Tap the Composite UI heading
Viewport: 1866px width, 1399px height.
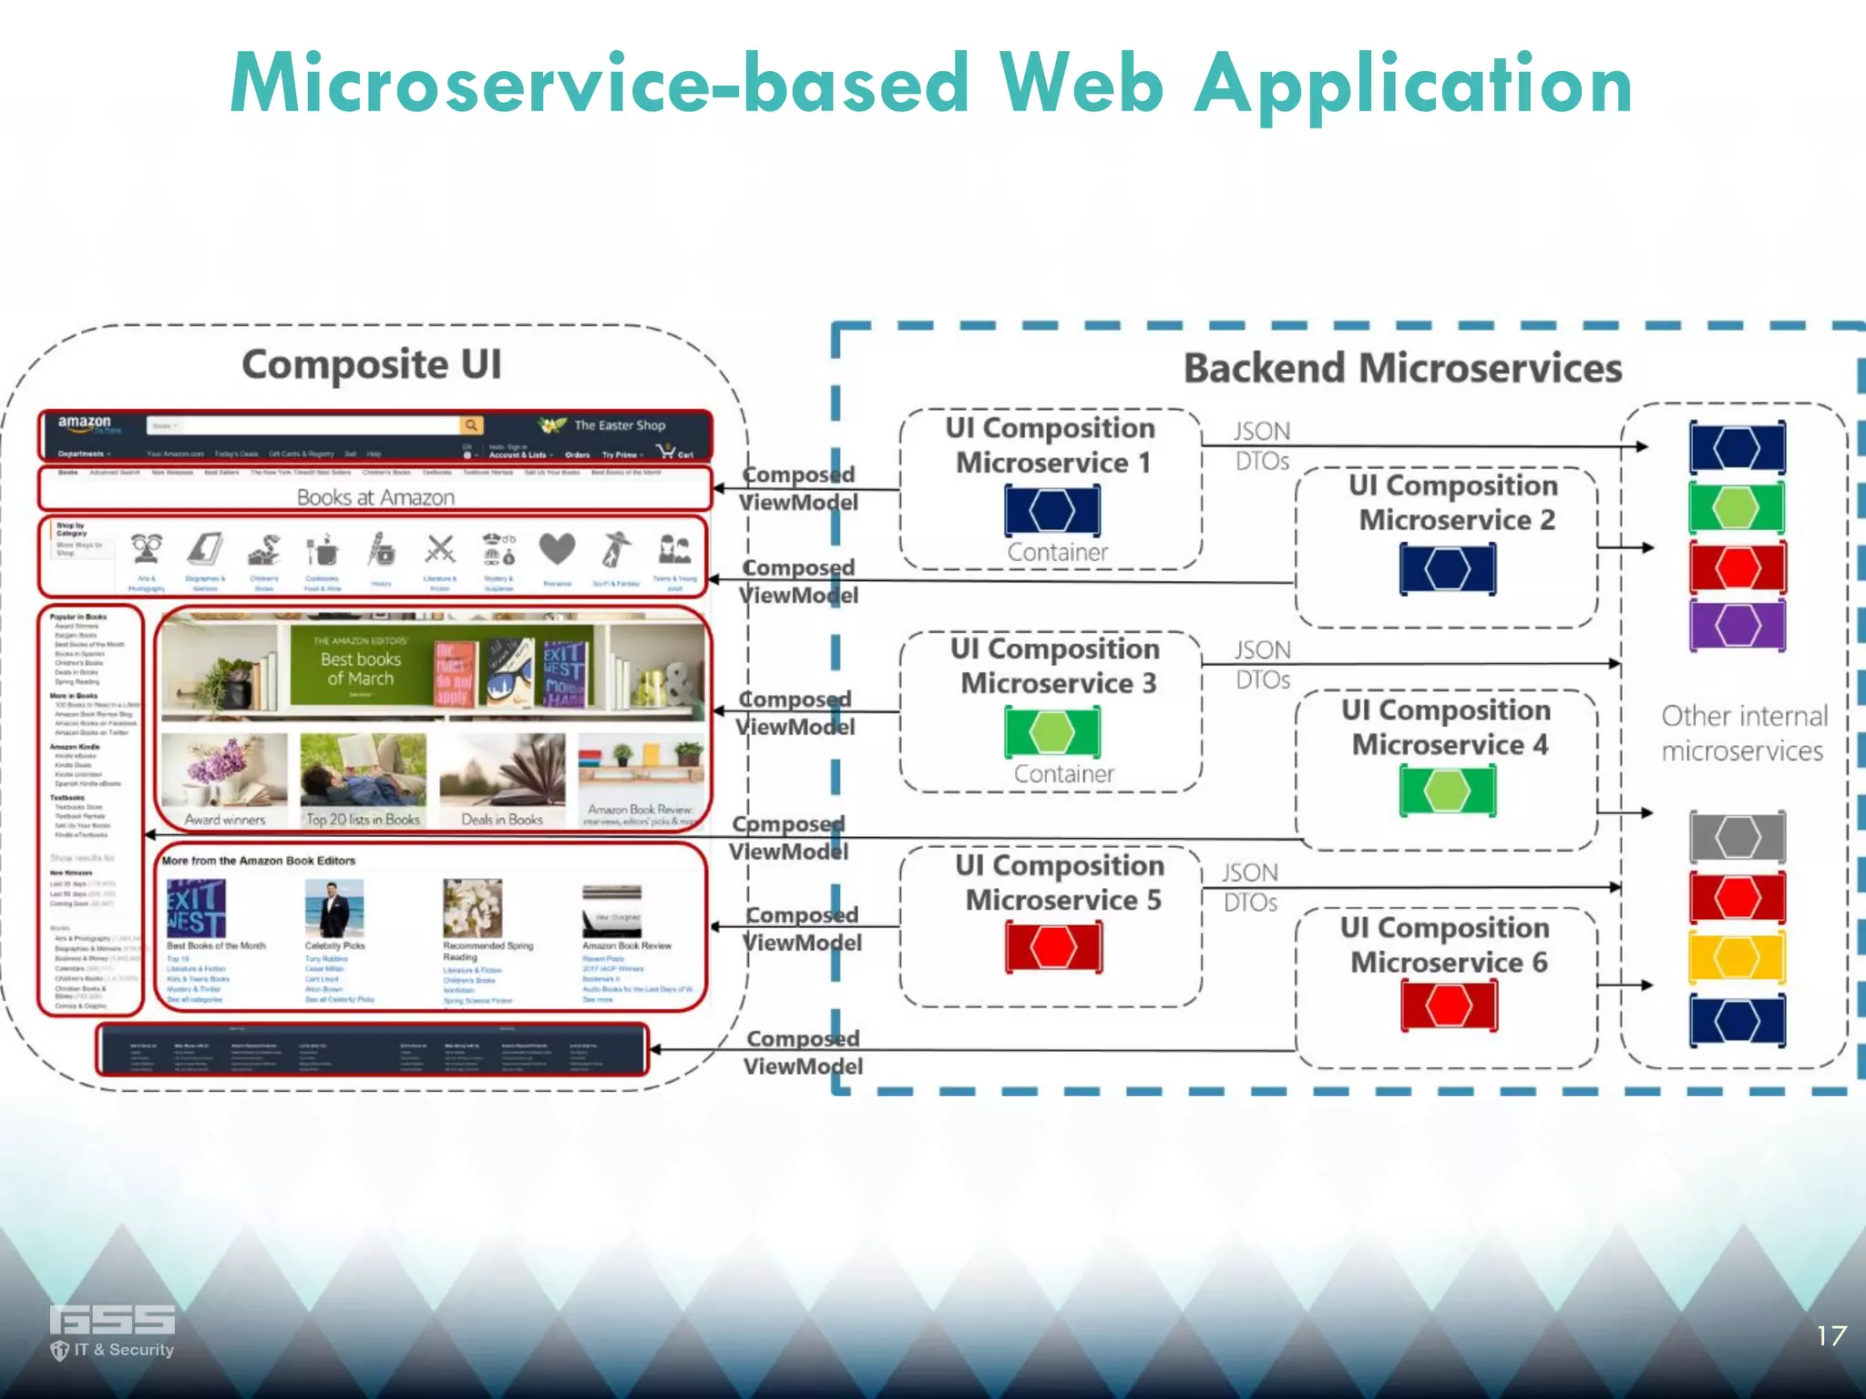[x=372, y=365]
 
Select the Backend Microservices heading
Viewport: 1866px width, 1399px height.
[x=1402, y=369]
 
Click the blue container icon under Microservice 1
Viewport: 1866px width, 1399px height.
[x=1052, y=510]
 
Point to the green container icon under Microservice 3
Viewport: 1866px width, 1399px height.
[x=1052, y=732]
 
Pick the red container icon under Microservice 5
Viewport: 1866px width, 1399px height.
[x=1053, y=947]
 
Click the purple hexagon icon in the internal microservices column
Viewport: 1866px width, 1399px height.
[x=1737, y=625]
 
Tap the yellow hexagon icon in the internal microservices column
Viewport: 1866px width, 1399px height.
[x=1737, y=957]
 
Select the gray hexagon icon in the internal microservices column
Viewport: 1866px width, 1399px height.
[x=1737, y=836]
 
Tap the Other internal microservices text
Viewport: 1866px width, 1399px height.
[x=1744, y=733]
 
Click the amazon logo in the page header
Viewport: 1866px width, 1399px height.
[x=85, y=424]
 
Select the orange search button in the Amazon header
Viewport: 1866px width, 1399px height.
[x=471, y=425]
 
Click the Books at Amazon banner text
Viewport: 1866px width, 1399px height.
[x=375, y=497]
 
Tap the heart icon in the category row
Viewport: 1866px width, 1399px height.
[x=557, y=549]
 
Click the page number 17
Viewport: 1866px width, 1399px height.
[x=1830, y=1336]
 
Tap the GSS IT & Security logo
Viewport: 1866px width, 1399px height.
[x=112, y=1331]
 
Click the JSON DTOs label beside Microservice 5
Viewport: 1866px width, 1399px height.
[x=1250, y=887]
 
